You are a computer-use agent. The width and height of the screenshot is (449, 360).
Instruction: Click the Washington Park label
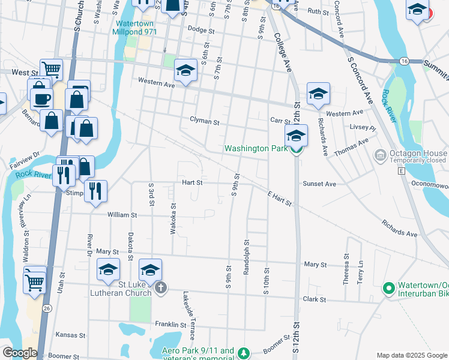(256, 148)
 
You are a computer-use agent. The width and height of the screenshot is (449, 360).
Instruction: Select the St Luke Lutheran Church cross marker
(160, 289)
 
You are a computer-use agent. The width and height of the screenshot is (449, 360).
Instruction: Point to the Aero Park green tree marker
(243, 353)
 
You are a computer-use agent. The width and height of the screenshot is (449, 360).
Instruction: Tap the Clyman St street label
(205, 121)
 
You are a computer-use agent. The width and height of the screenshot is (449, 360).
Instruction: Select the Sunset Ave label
(319, 184)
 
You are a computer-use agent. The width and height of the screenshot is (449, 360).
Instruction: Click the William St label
(122, 214)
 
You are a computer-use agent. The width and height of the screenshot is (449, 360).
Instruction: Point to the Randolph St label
(247, 257)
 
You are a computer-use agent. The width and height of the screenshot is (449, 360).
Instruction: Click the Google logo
(20, 353)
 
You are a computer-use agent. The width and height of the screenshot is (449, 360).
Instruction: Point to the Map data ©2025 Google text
(411, 355)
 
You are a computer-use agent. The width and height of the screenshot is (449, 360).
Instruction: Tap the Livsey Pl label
(363, 128)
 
